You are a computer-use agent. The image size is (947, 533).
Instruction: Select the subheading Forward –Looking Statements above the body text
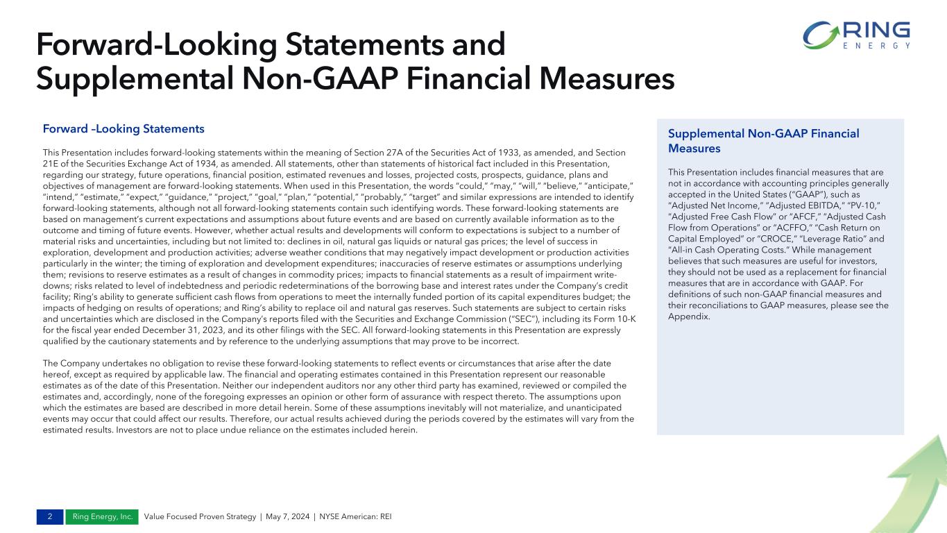pos(123,129)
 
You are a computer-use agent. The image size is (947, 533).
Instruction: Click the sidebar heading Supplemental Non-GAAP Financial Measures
pos(763,141)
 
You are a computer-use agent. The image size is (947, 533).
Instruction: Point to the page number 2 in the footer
pos(50,517)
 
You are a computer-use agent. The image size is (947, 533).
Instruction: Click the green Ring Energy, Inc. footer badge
pos(102,517)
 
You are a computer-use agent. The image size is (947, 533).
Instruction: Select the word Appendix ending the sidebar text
pos(689,316)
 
